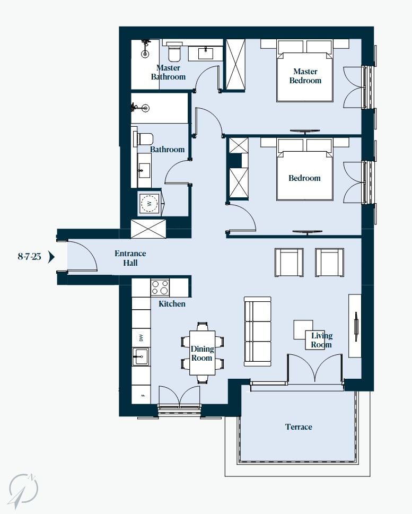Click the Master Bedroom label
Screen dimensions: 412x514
point(305,76)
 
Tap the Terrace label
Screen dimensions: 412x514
point(299,427)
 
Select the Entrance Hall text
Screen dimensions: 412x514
point(130,258)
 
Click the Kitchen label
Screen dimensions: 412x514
point(172,304)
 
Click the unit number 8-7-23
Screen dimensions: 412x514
point(29,256)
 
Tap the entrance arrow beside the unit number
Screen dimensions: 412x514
point(51,257)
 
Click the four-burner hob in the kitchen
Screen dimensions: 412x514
point(160,288)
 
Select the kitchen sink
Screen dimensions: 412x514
point(141,356)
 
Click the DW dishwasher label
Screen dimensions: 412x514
point(141,338)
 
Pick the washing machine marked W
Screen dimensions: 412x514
point(150,203)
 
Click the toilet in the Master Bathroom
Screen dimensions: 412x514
point(174,52)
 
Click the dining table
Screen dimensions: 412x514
point(202,353)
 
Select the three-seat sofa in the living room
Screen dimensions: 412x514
point(258,332)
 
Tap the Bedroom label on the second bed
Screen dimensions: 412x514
point(304,178)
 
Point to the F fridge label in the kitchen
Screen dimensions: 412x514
point(143,395)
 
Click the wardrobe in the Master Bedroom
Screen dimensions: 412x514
point(235,64)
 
